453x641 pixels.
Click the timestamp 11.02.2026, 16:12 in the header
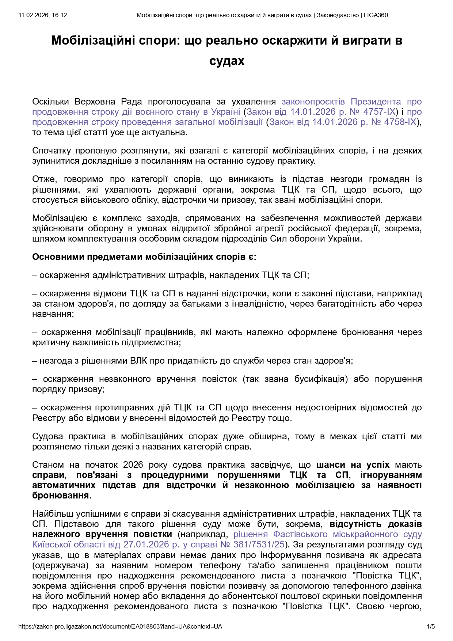(43, 15)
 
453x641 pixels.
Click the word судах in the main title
(226, 61)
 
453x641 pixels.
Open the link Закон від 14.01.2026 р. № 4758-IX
(343, 122)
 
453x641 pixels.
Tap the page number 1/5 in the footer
(431, 626)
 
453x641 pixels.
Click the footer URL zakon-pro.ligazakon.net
(120, 626)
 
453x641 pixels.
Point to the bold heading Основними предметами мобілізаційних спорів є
(144, 257)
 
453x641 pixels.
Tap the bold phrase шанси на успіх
(353, 464)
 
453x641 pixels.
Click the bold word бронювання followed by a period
(61, 495)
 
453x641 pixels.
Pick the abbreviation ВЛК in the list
(138, 361)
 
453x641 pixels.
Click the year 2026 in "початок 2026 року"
(133, 464)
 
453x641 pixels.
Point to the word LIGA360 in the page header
(376, 15)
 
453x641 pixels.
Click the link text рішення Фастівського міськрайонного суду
(328, 534)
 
